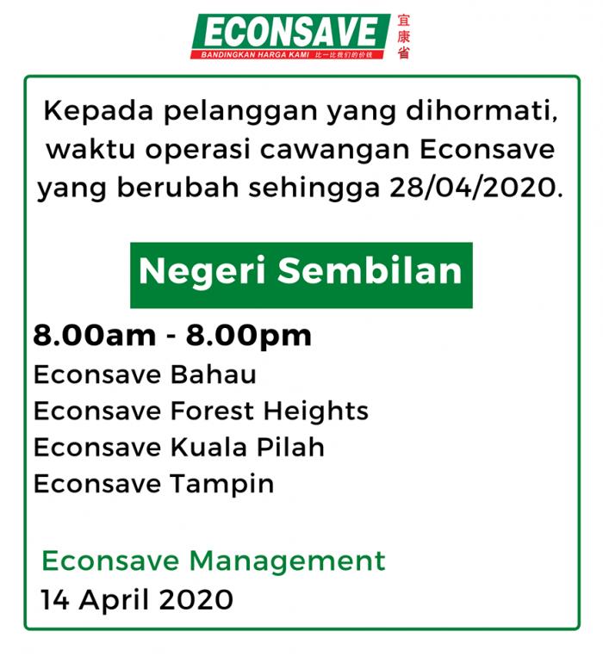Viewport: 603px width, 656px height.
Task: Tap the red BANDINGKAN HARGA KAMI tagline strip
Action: point(287,55)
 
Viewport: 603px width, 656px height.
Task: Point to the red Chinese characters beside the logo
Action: point(403,36)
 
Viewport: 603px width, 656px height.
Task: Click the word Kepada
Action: point(98,112)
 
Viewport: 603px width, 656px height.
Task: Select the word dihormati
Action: point(482,110)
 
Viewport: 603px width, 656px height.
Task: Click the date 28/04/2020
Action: point(476,188)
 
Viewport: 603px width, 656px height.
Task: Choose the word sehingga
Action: point(314,188)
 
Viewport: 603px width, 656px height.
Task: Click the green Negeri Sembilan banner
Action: point(301,275)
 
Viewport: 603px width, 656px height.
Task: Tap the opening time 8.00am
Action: point(95,336)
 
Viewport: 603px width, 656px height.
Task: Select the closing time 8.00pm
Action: point(249,337)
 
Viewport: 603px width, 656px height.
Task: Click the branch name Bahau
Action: point(213,374)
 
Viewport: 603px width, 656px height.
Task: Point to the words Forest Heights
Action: point(270,412)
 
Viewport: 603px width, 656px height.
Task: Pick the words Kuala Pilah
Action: point(247,447)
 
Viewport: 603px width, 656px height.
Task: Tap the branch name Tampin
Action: point(222,484)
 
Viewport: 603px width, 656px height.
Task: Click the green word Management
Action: point(287,562)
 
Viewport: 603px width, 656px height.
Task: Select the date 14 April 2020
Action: point(137,599)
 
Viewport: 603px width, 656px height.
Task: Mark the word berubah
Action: point(177,187)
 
